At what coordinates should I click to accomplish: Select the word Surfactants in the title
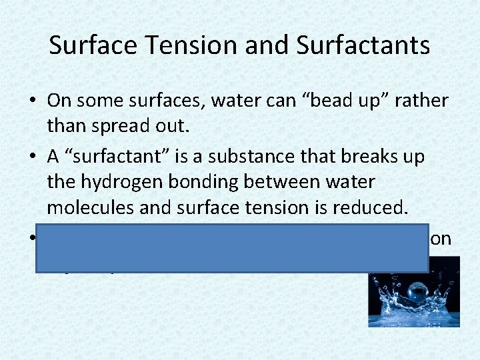(363, 45)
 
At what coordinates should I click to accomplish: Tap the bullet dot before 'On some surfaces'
(33, 101)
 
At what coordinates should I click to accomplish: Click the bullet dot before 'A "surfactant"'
(33, 156)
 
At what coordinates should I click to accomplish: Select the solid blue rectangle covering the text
(231, 249)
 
